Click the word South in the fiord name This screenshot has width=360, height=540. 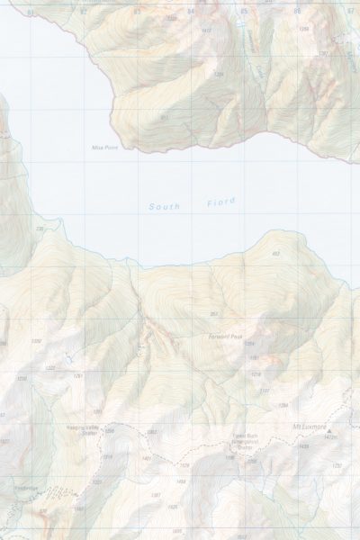pyautogui.click(x=164, y=207)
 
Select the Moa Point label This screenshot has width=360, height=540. pyautogui.click(x=105, y=147)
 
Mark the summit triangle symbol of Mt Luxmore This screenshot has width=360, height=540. pyautogui.click(x=330, y=432)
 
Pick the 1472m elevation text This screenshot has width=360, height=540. pyautogui.click(x=329, y=438)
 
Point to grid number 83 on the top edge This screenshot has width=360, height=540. pyautogui.click(x=137, y=13)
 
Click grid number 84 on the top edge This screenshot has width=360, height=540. pyautogui.click(x=190, y=13)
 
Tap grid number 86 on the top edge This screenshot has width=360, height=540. pyautogui.click(x=297, y=12)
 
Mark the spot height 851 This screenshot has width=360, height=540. pyautogui.click(x=164, y=117)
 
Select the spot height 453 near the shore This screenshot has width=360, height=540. pyautogui.click(x=275, y=255)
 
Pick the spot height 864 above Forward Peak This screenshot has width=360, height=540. pyautogui.click(x=214, y=313)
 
